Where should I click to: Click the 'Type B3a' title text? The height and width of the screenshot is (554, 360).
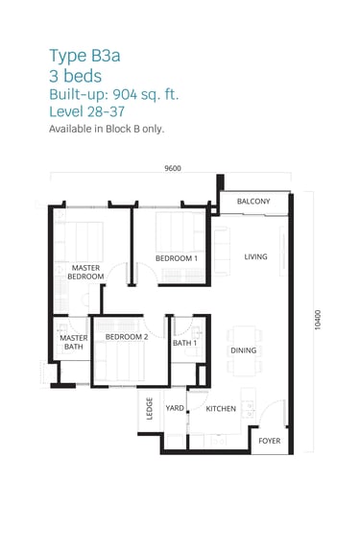coord(84,57)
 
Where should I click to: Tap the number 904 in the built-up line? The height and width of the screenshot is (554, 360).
coord(125,94)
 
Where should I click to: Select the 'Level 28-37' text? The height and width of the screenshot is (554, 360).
coord(87,111)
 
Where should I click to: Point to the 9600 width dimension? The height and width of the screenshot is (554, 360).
coord(173,168)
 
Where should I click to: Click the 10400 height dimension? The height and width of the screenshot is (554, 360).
coord(318,320)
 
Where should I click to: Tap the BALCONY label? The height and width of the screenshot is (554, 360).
coord(253,202)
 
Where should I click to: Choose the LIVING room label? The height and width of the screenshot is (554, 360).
coord(255,257)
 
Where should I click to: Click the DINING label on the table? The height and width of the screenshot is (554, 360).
coord(244,350)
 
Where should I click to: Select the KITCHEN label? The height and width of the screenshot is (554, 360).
coord(221,409)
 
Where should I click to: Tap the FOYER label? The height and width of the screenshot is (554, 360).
coord(270,441)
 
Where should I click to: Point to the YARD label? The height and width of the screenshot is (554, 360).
coord(175,408)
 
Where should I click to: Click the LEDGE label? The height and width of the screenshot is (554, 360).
coord(150,408)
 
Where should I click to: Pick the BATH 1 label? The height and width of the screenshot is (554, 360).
coord(184,343)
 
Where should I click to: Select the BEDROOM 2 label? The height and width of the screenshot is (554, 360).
coord(127,337)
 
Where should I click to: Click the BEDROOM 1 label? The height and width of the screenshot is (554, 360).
coord(177,258)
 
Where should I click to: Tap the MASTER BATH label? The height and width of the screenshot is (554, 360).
coord(74,343)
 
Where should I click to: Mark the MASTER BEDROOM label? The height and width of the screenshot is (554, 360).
coord(85,272)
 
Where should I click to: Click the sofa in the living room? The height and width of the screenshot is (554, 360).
coord(221,251)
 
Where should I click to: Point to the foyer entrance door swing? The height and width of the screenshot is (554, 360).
coord(273,412)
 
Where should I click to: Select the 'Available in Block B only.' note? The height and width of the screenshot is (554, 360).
coord(107,129)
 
